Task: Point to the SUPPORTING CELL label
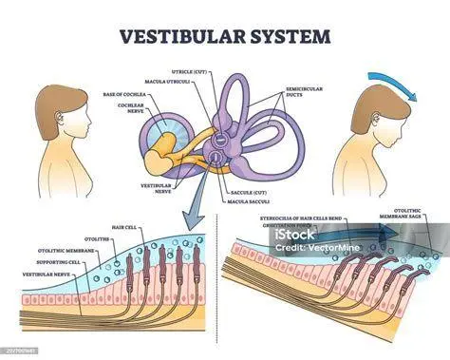(x=63, y=262)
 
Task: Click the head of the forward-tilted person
(x=374, y=111)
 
